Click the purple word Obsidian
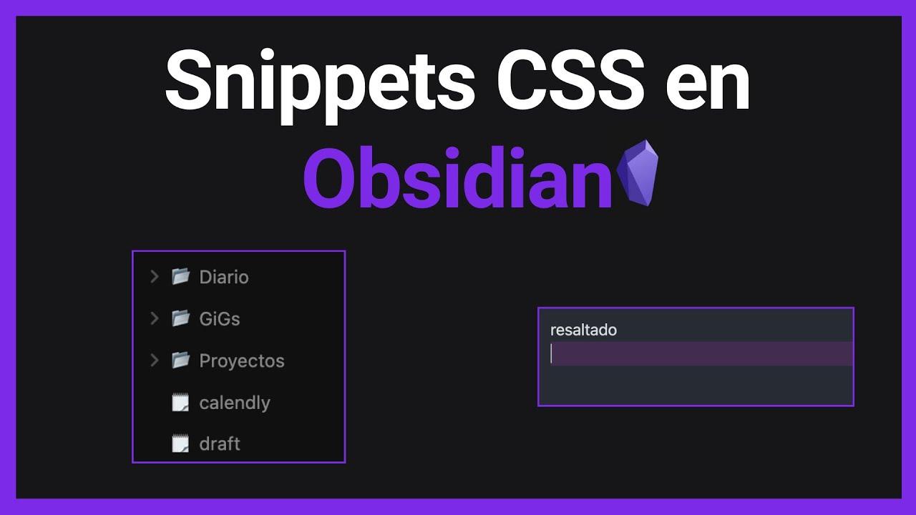[x=458, y=179]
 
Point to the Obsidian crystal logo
[x=637, y=174]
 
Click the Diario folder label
[x=224, y=277]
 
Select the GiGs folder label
[x=220, y=319]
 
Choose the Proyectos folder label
[x=242, y=360]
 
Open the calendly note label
[x=235, y=403]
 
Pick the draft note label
[x=220, y=444]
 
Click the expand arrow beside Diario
[x=154, y=277]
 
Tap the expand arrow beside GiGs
[x=154, y=318]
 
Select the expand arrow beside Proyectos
[x=154, y=360]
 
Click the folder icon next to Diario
[x=180, y=276]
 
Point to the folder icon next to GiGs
[x=180, y=318]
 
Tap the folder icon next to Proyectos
[x=180, y=360]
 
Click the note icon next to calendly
[x=180, y=402]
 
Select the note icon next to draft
[x=180, y=443]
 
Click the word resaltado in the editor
[x=583, y=330]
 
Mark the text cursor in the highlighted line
[x=551, y=354]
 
